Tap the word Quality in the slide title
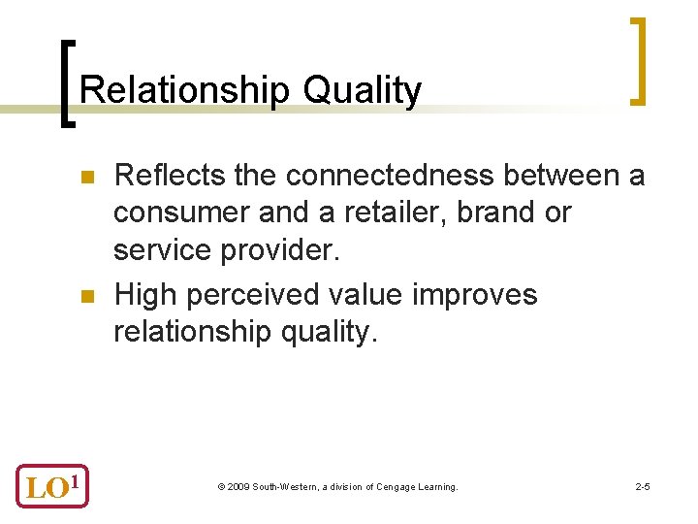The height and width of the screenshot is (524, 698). (362, 90)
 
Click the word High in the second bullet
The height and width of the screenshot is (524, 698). (147, 294)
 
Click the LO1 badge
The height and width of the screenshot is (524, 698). (52, 484)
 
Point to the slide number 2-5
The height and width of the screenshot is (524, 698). (642, 486)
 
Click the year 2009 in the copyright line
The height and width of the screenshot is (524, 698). (238, 486)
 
